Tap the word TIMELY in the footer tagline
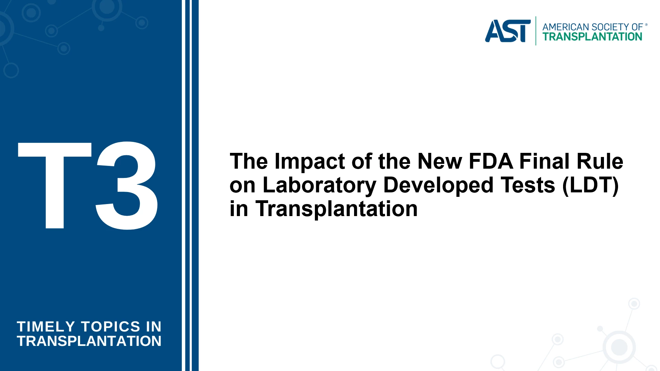pyautogui.click(x=46, y=327)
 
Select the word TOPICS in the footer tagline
pyautogui.click(x=111, y=327)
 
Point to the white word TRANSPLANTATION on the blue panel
pyautogui.click(x=89, y=341)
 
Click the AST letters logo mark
pyautogui.click(x=508, y=31)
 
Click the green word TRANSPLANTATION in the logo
pyautogui.click(x=592, y=37)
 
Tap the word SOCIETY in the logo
pyautogui.click(x=610, y=27)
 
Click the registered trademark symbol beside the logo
pyautogui.click(x=646, y=25)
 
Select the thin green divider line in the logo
pyautogui.click(x=536, y=31)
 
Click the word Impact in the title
pyautogui.click(x=309, y=161)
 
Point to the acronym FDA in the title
pyautogui.click(x=491, y=161)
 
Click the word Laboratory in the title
pyautogui.click(x=320, y=185)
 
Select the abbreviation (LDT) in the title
pyautogui.click(x=591, y=185)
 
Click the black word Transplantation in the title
pyautogui.click(x=337, y=209)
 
